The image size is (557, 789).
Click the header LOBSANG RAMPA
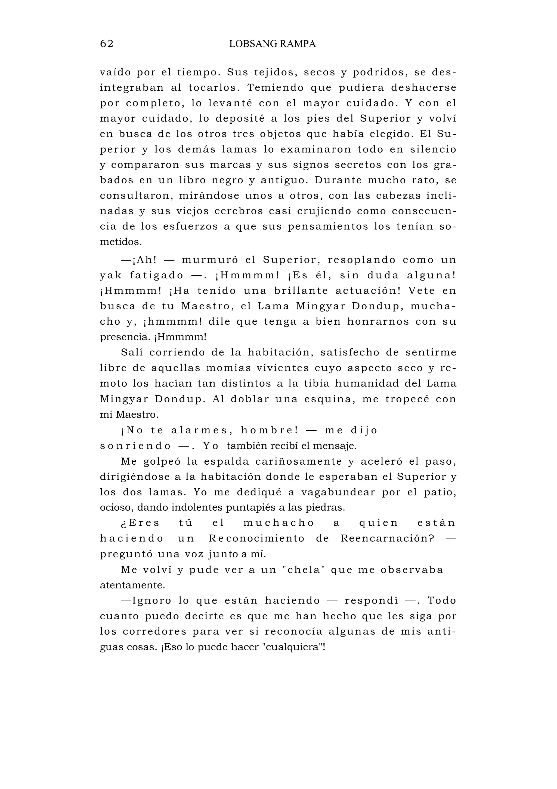click(272, 44)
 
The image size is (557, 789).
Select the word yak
click(110, 276)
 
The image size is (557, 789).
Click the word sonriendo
click(135, 446)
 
